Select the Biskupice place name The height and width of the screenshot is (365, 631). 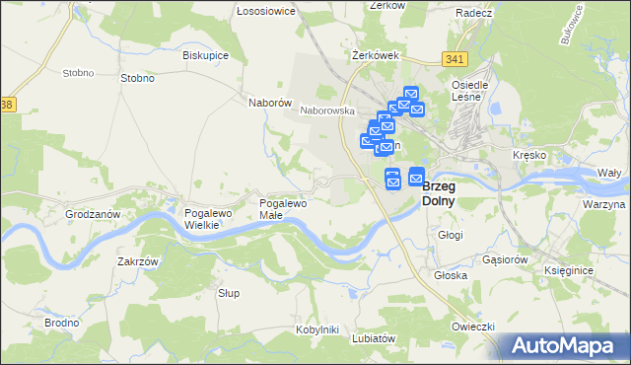coord(205,55)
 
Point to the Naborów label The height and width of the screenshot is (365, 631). coord(268,102)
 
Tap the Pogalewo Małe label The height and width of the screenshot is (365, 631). coord(283,209)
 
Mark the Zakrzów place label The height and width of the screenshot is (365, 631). coord(138,261)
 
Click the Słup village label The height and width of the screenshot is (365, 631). coord(229,293)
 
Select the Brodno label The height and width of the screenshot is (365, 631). coord(62,323)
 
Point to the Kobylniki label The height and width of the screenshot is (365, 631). coord(316,328)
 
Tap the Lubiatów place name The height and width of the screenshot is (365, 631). coord(374,337)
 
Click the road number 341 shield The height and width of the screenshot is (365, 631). coord(454,59)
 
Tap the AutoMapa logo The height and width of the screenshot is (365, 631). coord(565,346)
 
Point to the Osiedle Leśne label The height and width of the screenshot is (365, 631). coord(467,90)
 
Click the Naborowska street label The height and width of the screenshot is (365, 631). coord(327,111)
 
